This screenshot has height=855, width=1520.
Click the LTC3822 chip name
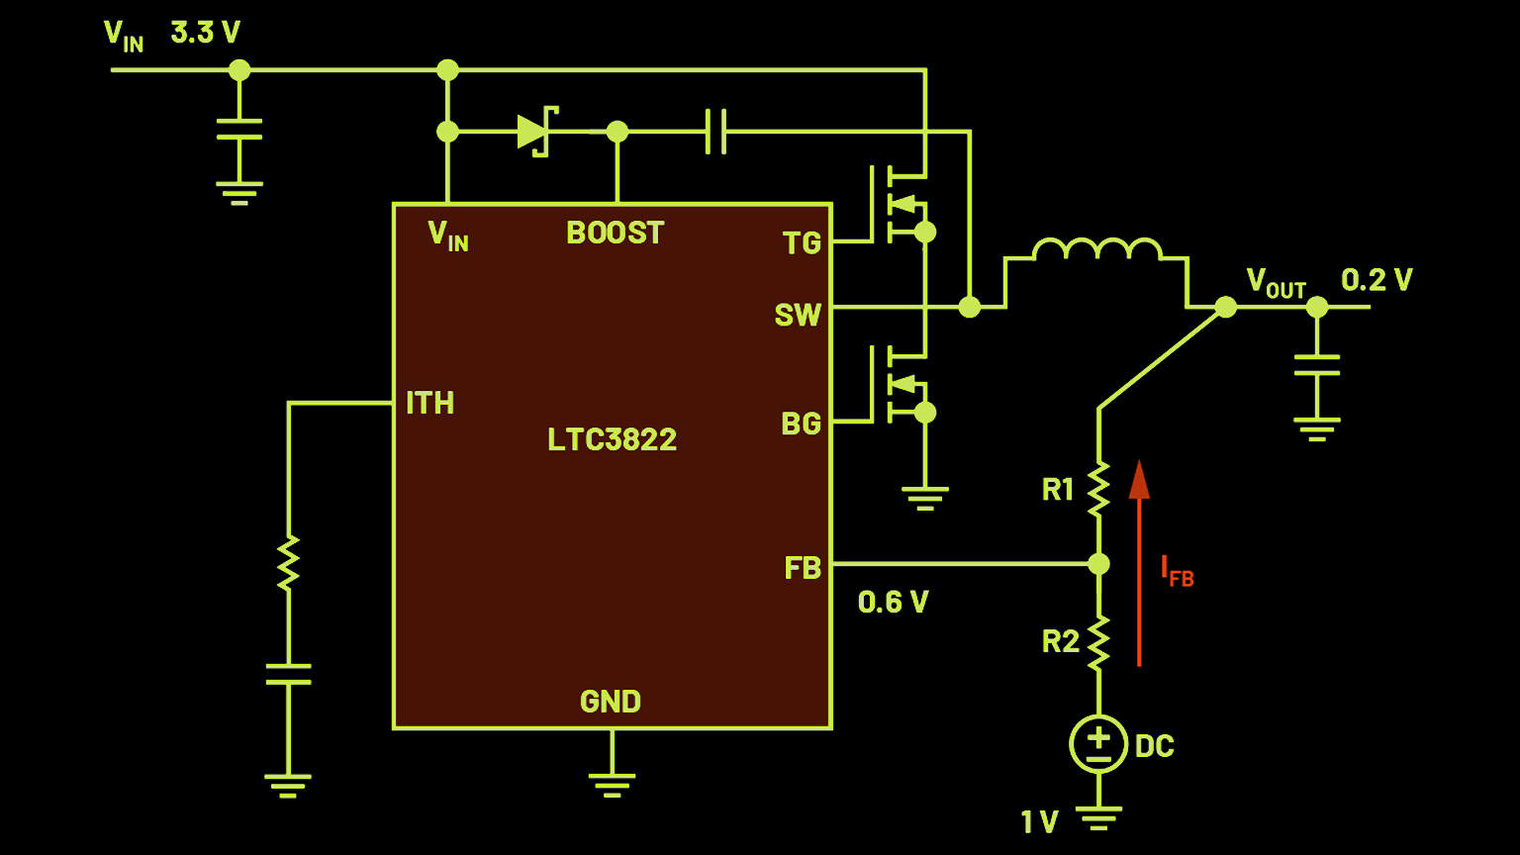pos(612,439)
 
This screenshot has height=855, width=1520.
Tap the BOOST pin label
pos(615,233)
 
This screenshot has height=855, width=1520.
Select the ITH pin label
pos(429,403)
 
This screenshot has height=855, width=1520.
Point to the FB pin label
pos(803,568)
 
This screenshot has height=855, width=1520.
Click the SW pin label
pos(798,315)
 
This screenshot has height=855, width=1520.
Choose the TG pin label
pos(802,243)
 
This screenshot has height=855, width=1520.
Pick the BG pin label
pos(801,424)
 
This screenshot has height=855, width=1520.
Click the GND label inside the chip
pos(610,702)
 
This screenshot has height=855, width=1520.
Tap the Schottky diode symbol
pos(535,132)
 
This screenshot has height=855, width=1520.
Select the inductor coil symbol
pos(1096,249)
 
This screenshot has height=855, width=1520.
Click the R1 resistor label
pos(1058,489)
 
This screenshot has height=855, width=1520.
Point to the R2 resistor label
pos(1060,642)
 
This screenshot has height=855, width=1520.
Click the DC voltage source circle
pos(1098,744)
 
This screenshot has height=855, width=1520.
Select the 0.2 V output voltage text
pos(1377,280)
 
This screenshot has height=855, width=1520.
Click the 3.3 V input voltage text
pos(205,33)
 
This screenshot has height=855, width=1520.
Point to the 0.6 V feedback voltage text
pos(893,602)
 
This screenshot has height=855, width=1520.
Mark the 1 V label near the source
pos(1039,821)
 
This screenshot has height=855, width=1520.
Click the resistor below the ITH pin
pos(288,563)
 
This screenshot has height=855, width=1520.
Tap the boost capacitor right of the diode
pos(716,132)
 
